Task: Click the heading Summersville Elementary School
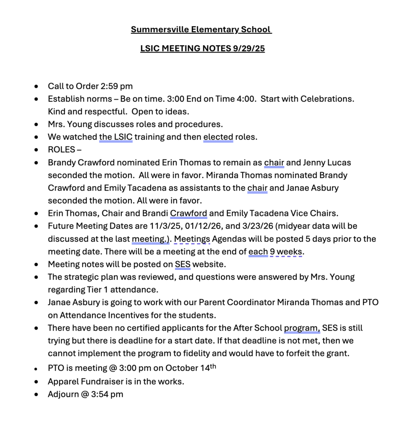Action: [x=201, y=30]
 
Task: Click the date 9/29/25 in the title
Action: [x=248, y=49]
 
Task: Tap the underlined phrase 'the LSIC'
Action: [x=116, y=137]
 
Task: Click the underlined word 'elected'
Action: [x=218, y=137]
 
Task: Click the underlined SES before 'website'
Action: [x=183, y=265]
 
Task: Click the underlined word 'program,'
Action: [x=302, y=328]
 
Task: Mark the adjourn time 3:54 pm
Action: [x=107, y=394]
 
